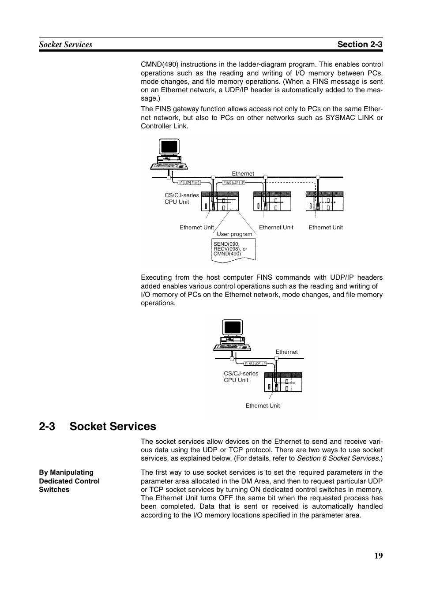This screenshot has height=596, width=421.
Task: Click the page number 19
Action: [379, 555]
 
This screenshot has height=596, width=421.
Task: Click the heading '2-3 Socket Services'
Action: [98, 426]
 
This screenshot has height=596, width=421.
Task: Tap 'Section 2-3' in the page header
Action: [360, 44]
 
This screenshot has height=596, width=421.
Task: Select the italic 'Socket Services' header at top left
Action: [65, 44]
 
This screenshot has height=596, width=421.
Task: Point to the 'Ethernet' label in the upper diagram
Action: [243, 174]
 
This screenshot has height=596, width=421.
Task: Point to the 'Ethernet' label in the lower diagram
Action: [286, 352]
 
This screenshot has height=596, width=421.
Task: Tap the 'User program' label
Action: [234, 234]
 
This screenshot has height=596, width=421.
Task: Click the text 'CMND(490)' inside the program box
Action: [227, 254]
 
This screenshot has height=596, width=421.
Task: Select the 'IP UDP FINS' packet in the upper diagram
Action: [190, 183]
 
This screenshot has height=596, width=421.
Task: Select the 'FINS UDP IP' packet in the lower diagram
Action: [256, 364]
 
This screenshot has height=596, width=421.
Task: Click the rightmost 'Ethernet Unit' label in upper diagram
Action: [326, 228]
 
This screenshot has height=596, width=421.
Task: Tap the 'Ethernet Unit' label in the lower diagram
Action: [263, 406]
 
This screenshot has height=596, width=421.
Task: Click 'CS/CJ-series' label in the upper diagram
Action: [182, 195]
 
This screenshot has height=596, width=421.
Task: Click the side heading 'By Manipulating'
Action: [66, 472]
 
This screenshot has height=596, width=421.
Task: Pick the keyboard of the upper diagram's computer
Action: [169, 166]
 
